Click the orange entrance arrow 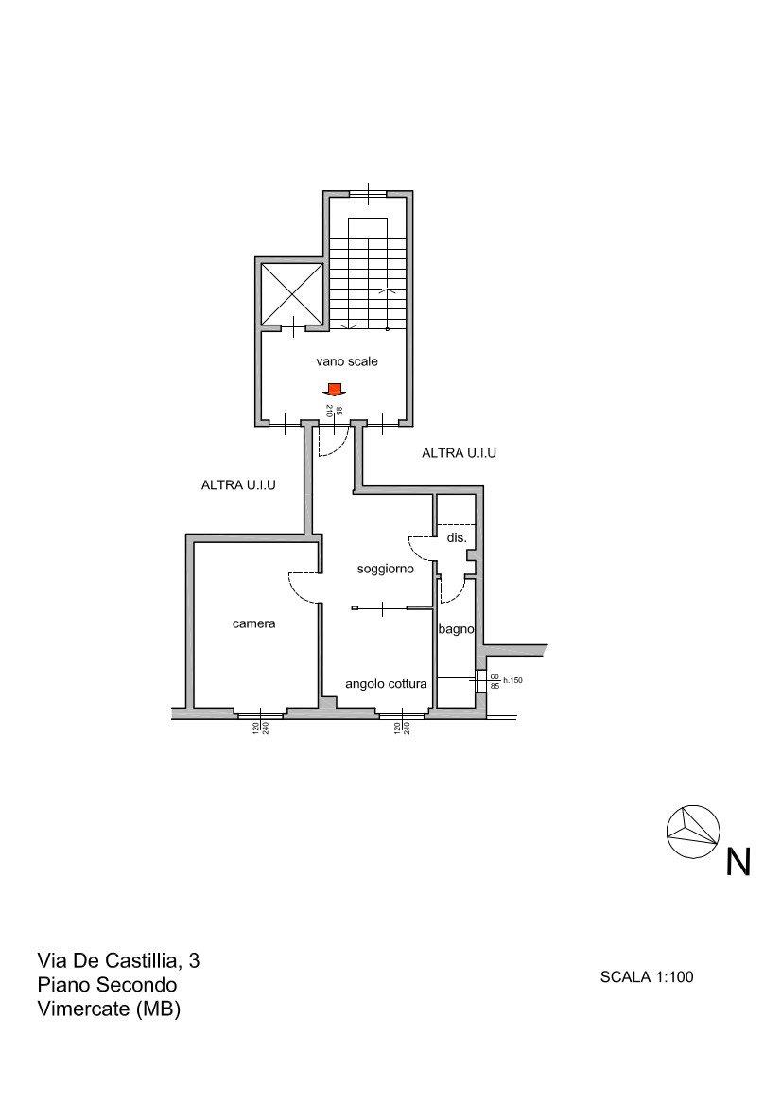pos(334,389)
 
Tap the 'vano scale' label pos(347,361)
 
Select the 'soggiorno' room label pos(385,569)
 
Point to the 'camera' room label pos(253,623)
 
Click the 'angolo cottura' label pos(386,683)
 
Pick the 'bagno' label pos(456,629)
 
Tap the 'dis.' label pos(457,537)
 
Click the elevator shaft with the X pos(292,293)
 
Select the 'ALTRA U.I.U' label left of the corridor pos(238,485)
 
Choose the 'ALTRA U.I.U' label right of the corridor pos(459,453)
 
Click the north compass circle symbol pos(693,831)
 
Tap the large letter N pos(738,861)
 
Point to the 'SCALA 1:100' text pos(647,977)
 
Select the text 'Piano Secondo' pos(107,985)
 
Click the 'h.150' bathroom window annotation pos(512,680)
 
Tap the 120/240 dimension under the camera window pos(261,728)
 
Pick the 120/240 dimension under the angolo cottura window pos(402,728)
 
